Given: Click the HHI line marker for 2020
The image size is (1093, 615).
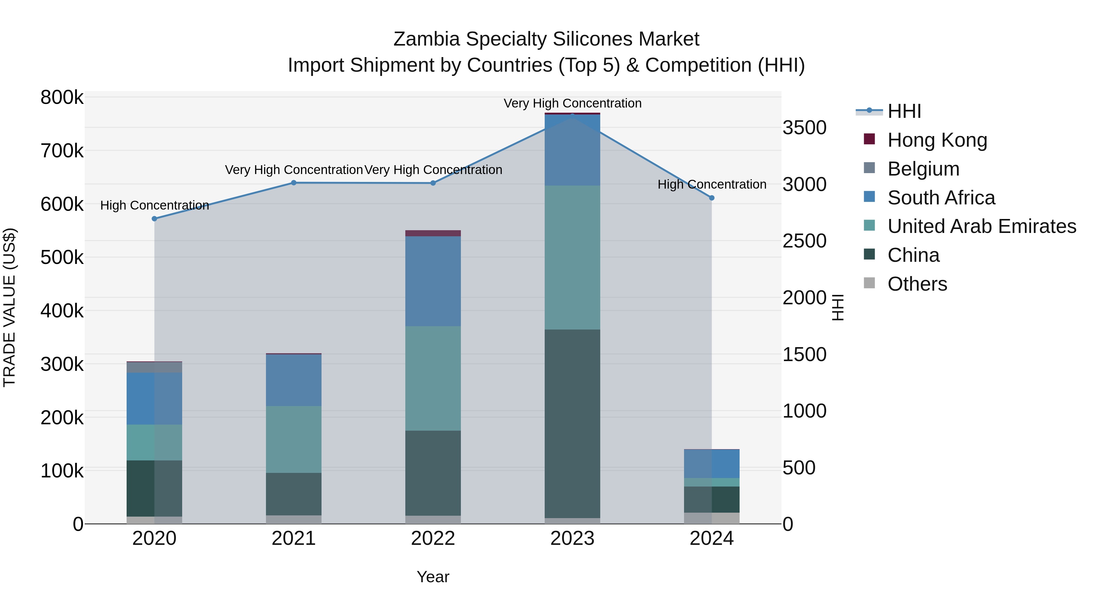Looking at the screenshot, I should (155, 219).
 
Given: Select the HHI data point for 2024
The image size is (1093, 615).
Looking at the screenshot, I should (712, 198).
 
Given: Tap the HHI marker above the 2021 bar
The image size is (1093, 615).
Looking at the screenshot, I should (294, 183).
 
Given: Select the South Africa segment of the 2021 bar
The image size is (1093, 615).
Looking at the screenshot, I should (294, 380).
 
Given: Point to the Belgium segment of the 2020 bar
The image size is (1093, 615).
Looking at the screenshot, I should (155, 367).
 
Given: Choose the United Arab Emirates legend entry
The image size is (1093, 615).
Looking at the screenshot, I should (981, 226).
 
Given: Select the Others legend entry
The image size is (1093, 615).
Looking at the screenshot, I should (917, 284).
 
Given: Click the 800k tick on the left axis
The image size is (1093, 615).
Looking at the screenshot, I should (62, 97).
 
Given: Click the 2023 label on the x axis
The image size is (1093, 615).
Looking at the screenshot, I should (572, 538).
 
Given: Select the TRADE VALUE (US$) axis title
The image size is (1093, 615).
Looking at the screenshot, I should (9, 307).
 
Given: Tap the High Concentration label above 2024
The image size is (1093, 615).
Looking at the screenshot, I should (712, 185).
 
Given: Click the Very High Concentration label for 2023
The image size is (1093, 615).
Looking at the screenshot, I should (572, 104).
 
